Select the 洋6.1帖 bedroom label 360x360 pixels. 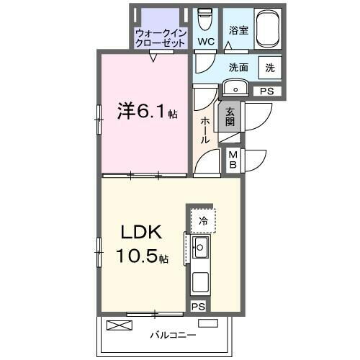coord(147,112)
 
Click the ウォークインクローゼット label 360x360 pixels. coord(161,37)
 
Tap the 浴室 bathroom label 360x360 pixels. coord(239,31)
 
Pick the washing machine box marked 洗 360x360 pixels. coord(269,68)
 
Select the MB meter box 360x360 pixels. coord(234,159)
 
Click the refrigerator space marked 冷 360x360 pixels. coord(204,220)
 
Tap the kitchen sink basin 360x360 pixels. coord(201,250)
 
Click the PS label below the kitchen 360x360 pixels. coord(197,307)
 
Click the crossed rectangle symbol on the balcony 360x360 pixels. coord(120,325)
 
